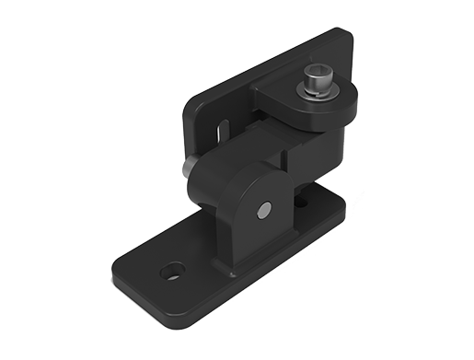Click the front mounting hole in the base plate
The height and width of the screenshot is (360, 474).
(x=171, y=273)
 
